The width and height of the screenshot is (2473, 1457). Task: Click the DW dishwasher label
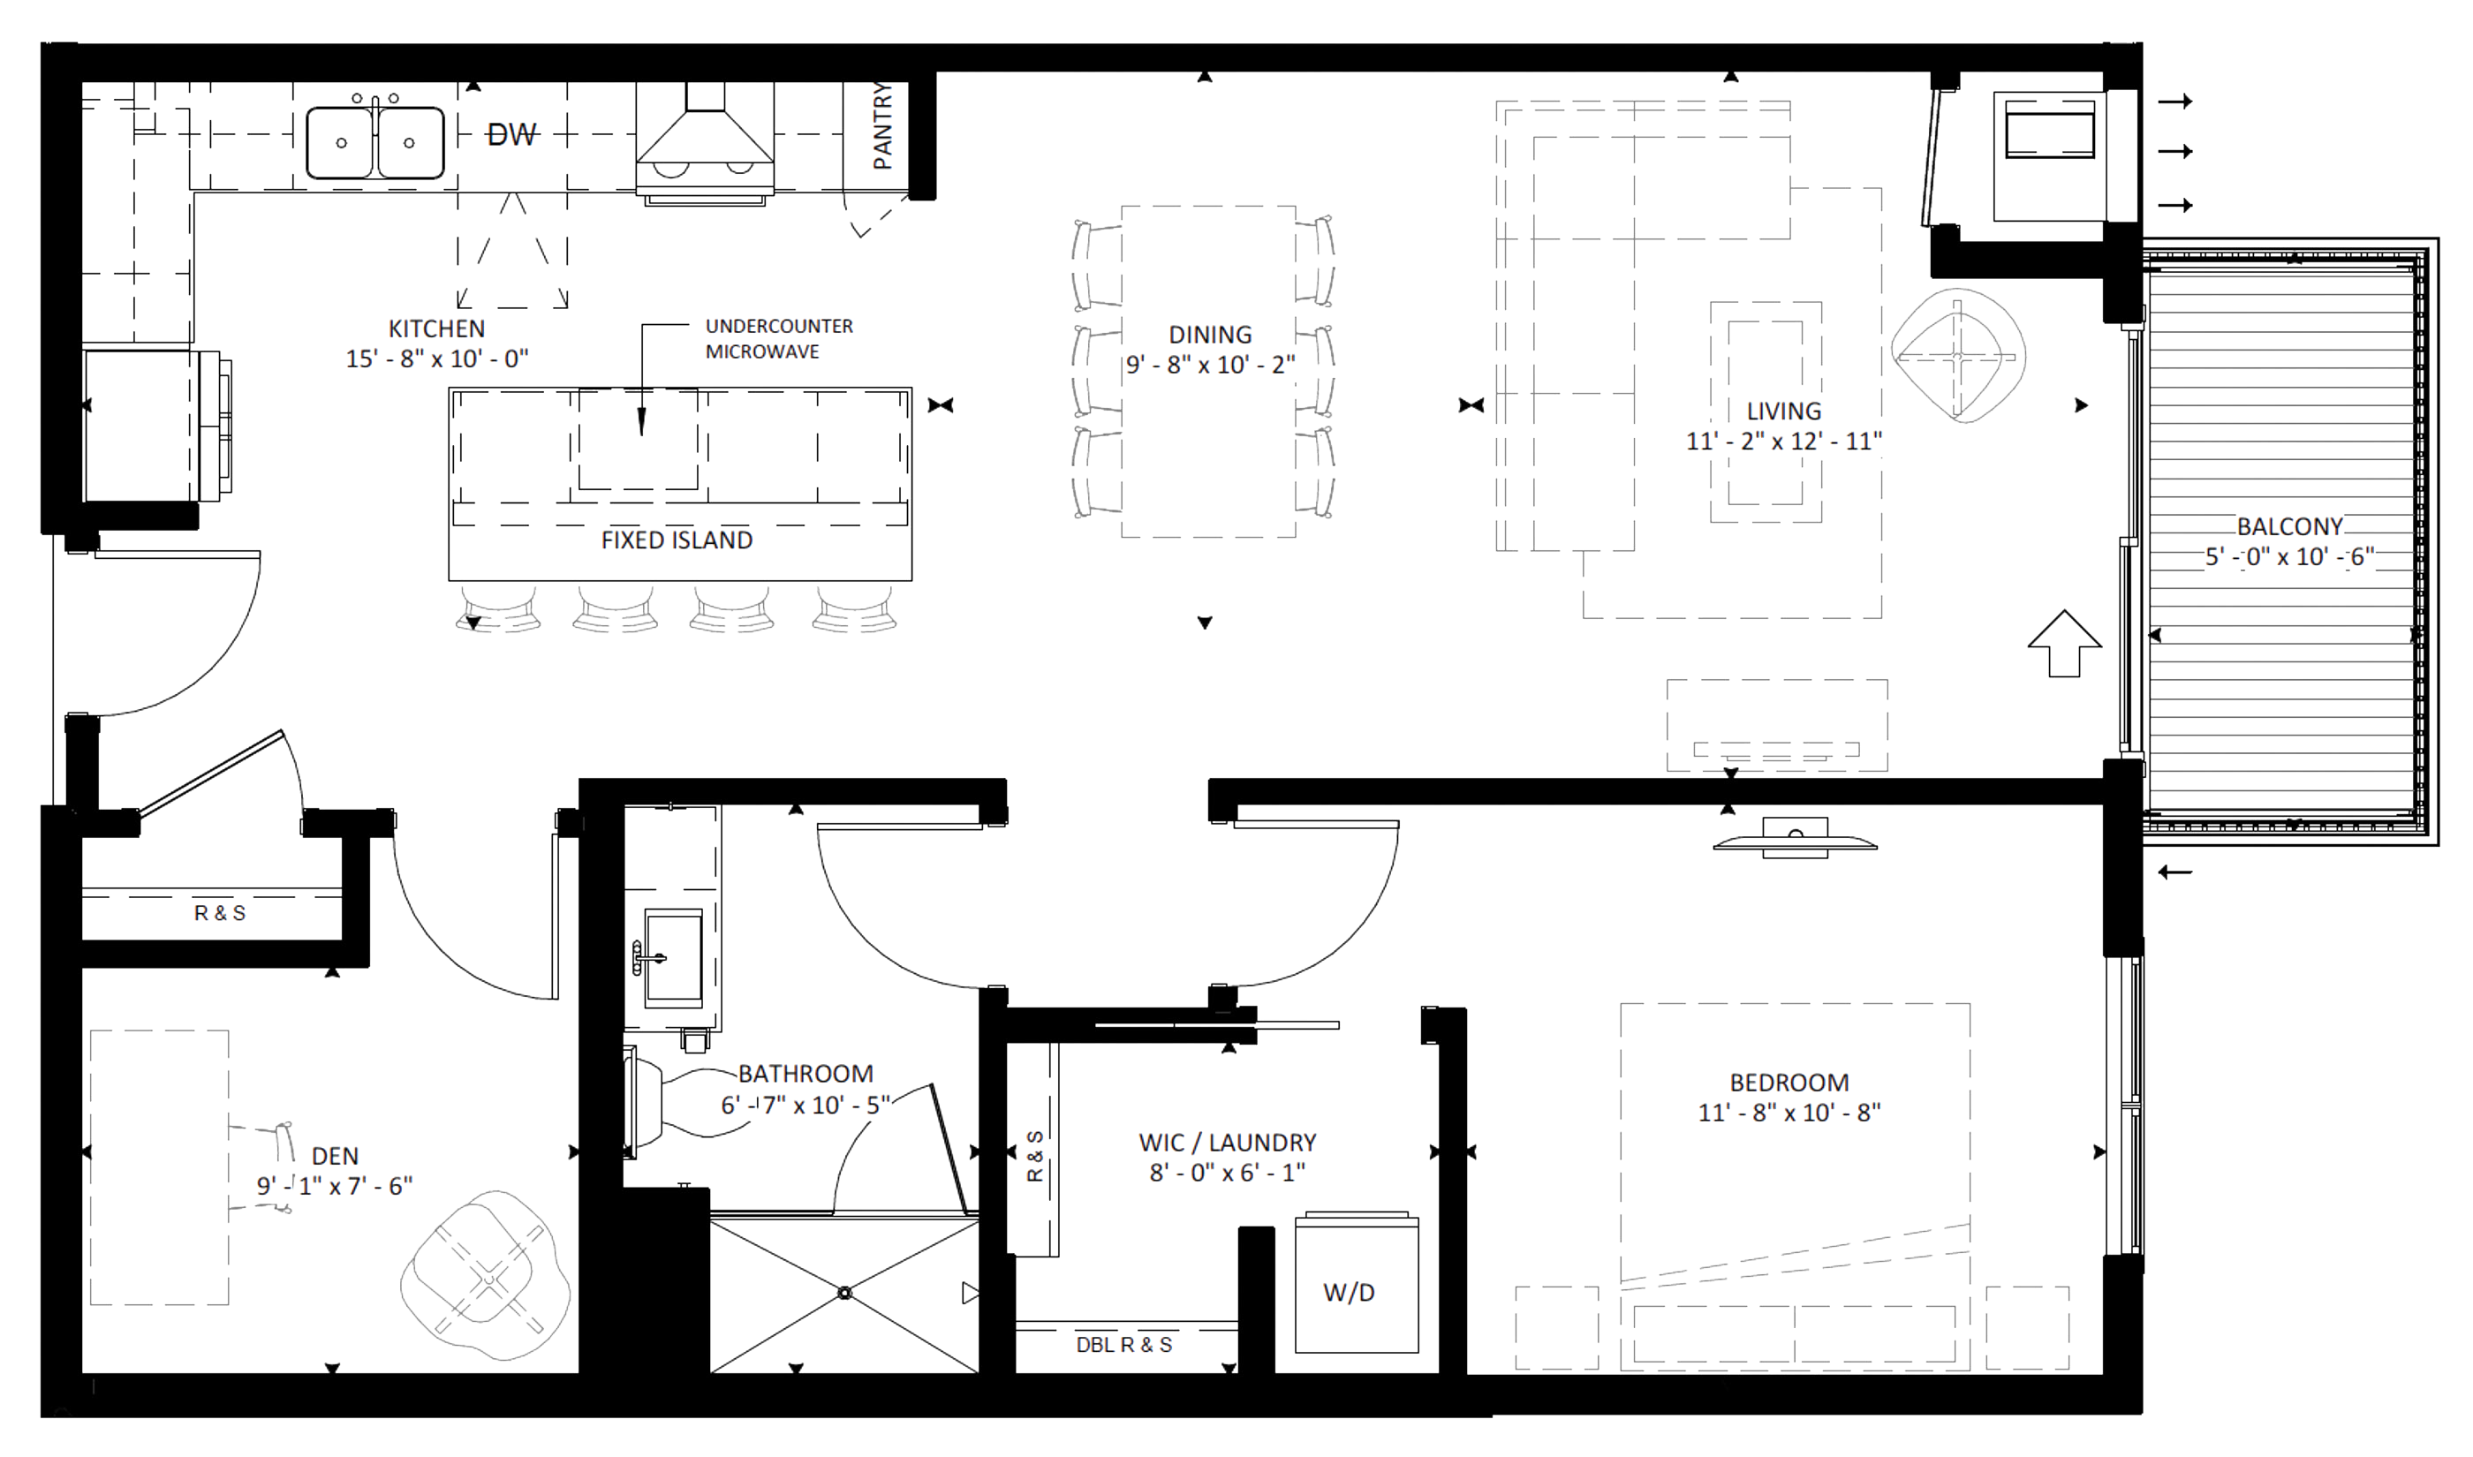[x=511, y=134]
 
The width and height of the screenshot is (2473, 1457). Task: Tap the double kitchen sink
[x=375, y=142]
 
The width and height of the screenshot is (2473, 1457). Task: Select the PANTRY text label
[x=882, y=125]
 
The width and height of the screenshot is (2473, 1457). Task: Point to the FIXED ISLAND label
[x=677, y=540]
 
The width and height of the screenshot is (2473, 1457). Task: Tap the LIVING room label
[x=1784, y=411]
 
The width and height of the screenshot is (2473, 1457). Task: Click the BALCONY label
[x=2290, y=526]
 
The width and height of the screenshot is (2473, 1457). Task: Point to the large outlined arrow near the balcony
[x=2065, y=643]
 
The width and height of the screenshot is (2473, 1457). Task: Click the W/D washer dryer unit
[x=1357, y=1284]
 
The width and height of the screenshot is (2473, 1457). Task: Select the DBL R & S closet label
[x=1124, y=1345]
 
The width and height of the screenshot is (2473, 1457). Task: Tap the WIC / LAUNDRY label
[x=1227, y=1143]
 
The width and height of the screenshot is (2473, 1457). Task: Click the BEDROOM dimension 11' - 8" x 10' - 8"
[x=1789, y=1113]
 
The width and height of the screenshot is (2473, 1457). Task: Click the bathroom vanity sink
[x=674, y=956]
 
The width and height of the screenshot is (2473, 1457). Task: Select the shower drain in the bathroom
[x=844, y=1293]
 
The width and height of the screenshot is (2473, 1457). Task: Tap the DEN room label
[x=335, y=1157]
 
